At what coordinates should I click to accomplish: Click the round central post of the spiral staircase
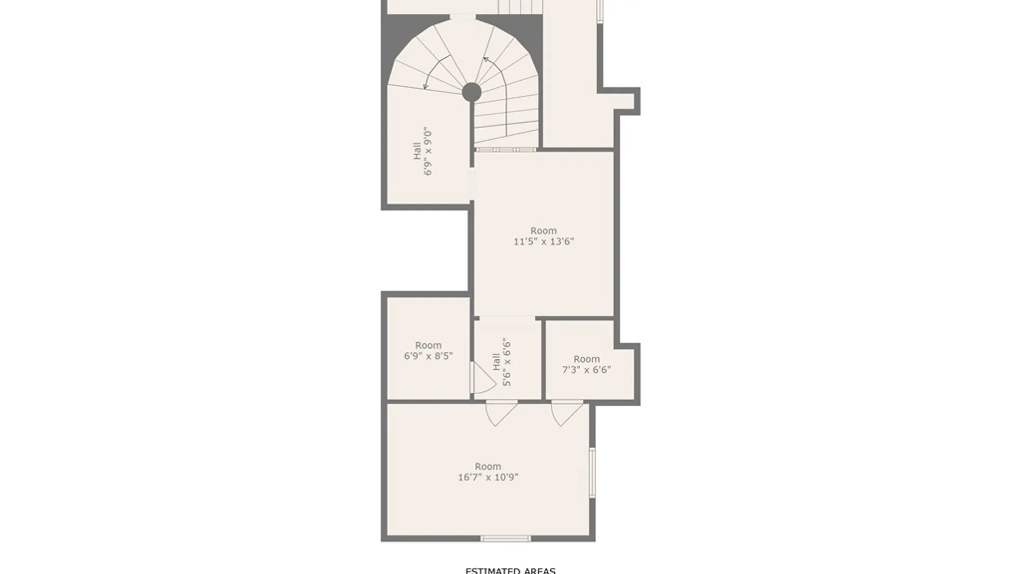[x=471, y=92]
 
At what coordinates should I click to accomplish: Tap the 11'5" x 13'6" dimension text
[x=543, y=242]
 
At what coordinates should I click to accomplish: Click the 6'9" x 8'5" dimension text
[x=428, y=356]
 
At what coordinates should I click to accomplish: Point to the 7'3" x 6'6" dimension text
[x=586, y=370]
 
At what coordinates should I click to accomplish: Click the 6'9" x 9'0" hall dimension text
[x=428, y=151]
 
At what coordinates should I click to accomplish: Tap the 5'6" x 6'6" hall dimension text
[x=507, y=362]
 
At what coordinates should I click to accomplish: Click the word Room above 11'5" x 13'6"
[x=543, y=231]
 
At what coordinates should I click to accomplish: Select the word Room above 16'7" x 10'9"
[x=488, y=467]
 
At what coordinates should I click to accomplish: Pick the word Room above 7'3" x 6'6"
[x=586, y=359]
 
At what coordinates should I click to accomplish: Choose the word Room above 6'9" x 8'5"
[x=428, y=345]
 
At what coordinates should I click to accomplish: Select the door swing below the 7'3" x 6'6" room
[x=566, y=413]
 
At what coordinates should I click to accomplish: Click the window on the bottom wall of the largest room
[x=505, y=538]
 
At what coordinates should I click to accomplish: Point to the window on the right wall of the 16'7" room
[x=592, y=472]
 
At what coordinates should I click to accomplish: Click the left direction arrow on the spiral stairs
[x=435, y=72]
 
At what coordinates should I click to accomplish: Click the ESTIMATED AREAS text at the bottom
[x=510, y=570]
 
